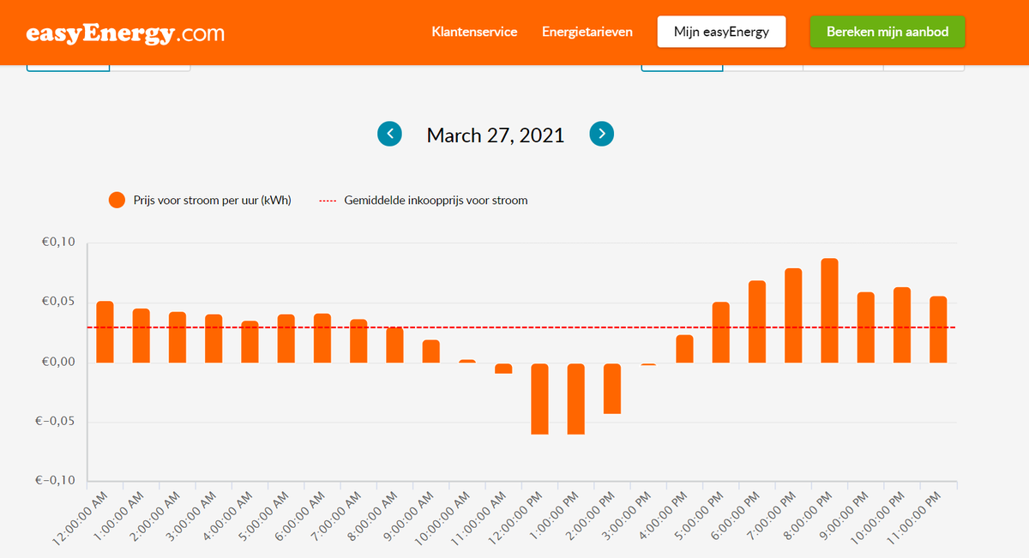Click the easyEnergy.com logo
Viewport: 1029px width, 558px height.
point(125,33)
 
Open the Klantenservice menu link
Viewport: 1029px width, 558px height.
point(474,32)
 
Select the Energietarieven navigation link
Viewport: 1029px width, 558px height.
point(587,32)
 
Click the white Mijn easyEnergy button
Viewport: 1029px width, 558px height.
point(721,32)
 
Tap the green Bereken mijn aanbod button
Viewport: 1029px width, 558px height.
point(887,32)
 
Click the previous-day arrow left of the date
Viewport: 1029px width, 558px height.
point(389,134)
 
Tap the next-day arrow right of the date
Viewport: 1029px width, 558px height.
point(602,134)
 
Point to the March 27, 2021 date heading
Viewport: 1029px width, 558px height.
point(496,135)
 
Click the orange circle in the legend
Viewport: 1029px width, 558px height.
point(117,201)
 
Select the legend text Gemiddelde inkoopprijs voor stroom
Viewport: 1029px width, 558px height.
point(436,201)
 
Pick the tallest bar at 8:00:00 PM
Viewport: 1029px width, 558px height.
point(829,310)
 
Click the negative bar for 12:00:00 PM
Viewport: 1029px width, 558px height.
point(539,399)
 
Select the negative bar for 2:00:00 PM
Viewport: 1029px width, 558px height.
point(612,388)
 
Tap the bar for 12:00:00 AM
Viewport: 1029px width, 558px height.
point(105,332)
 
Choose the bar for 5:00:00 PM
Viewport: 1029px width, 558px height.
point(720,332)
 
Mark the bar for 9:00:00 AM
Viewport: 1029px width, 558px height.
point(430,351)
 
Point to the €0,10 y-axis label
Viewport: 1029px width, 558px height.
point(58,243)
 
